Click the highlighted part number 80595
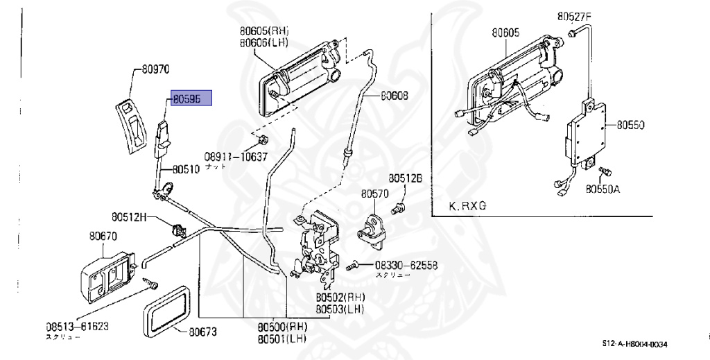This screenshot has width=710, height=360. [x=187, y=100]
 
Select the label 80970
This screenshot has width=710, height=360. [x=156, y=69]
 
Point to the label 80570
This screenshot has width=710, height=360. [x=375, y=196]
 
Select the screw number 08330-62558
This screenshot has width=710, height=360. [x=408, y=265]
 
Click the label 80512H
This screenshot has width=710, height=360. [x=130, y=217]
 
